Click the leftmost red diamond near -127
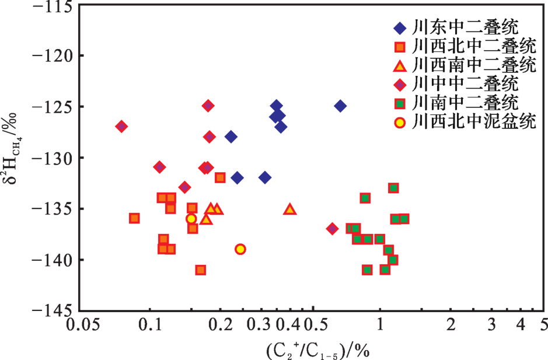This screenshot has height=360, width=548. [121, 127]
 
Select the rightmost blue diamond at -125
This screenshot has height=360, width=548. [340, 106]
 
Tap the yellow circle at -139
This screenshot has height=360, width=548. [240, 249]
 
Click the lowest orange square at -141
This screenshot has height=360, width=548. [201, 270]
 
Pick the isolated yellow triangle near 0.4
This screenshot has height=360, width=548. [290, 209]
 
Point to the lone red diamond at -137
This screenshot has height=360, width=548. [332, 228]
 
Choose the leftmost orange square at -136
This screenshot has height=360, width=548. [134, 218]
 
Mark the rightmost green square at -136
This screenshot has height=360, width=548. [404, 219]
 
